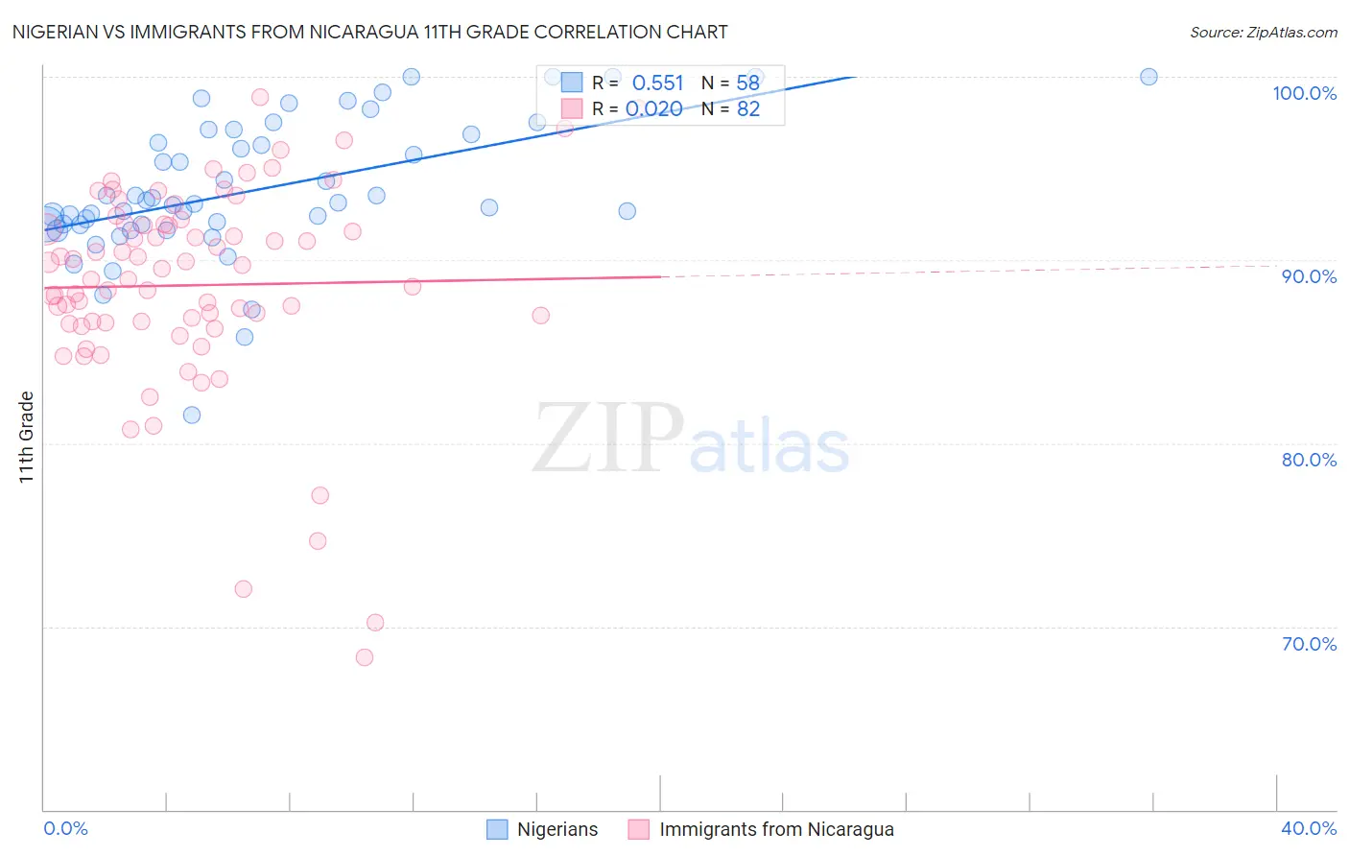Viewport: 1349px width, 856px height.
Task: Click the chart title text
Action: (x=369, y=32)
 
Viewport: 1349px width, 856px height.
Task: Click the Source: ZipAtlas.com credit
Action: (x=1263, y=32)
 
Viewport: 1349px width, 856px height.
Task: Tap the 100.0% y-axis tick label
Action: (x=1304, y=93)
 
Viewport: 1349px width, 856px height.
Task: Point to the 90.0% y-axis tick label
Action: (x=1309, y=276)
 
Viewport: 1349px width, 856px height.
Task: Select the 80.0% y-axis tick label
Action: (x=1309, y=460)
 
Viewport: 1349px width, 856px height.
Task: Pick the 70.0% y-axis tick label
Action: (x=1309, y=644)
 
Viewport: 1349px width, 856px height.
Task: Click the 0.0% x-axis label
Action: (x=65, y=828)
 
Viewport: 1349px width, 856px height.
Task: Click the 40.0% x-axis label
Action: (x=1309, y=828)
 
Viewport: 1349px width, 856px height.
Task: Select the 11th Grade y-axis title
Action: (x=27, y=437)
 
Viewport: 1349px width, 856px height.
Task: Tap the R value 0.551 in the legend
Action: (x=657, y=83)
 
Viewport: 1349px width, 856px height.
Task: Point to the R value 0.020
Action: (x=653, y=109)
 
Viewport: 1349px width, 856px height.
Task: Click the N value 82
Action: (x=748, y=109)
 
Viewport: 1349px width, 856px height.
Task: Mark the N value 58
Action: (x=748, y=83)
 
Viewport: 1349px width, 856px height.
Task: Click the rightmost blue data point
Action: (x=1148, y=77)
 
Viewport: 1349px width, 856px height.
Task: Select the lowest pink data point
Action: (x=365, y=657)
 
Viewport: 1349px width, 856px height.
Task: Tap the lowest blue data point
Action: (x=192, y=415)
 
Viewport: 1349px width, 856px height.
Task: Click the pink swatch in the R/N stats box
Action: (x=572, y=108)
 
